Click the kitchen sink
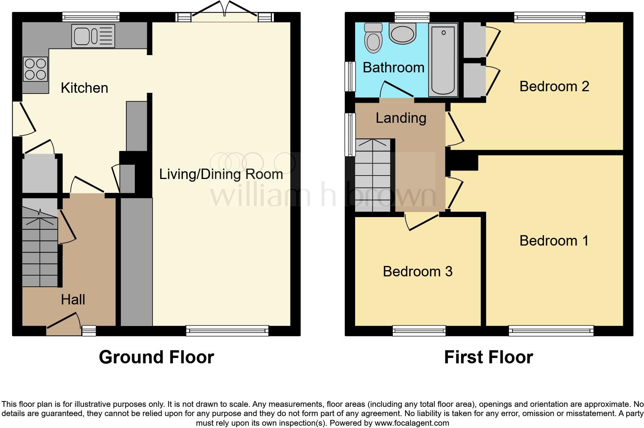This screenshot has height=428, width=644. coord(93,36)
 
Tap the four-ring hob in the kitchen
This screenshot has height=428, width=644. coord(35,69)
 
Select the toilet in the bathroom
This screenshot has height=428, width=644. coord(373,37)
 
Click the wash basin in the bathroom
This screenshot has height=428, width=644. coord(402,33)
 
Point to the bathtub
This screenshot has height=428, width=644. coord(443,59)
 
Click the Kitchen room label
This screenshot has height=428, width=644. coord(84,88)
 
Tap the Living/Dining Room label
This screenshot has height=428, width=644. coord(221,174)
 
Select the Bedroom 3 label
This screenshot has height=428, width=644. coord(418,271)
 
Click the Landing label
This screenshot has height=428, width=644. coord(401,118)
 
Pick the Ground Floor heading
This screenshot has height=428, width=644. coord(156,357)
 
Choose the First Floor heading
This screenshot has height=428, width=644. coord(488,357)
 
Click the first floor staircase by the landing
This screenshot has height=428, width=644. coord(373,175)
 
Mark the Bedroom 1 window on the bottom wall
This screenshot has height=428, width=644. coord(551,331)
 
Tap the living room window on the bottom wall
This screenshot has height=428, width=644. coord(227,331)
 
